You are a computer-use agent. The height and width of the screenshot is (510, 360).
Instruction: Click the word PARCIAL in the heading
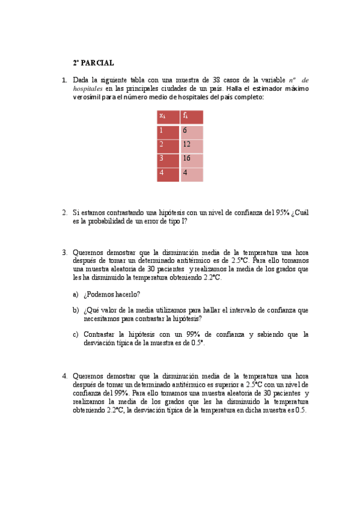pos(97,63)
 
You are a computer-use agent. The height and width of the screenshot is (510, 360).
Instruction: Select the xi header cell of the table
pos(168,116)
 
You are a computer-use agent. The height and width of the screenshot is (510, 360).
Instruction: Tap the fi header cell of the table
pos(192,116)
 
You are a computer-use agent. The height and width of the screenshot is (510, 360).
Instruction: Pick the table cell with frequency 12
pos(192,145)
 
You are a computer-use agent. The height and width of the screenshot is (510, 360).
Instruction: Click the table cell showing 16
pos(192,159)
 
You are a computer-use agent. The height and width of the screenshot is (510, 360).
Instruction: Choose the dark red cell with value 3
pos(168,159)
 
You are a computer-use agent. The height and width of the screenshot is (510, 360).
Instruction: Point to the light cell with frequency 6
pos(192,131)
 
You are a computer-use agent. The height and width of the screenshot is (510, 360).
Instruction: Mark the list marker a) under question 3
pos(76,294)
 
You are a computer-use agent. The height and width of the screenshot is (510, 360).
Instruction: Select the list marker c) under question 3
pos(76,334)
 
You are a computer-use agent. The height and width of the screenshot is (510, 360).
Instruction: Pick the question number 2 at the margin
pos(64,212)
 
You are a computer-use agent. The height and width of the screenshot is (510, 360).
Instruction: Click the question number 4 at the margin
pos(64,376)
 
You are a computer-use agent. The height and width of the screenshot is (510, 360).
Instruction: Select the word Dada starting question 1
pos(81,80)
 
